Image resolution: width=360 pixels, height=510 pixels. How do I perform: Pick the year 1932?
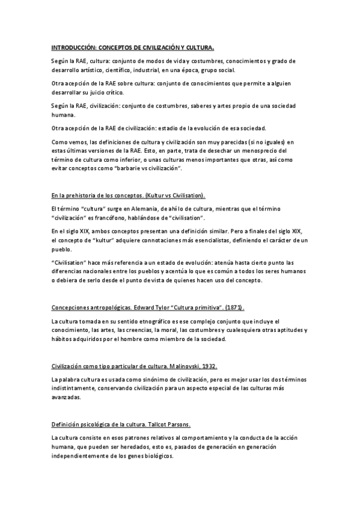[x=207, y=366]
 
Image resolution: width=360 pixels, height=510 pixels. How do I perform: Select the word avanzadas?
[x=67, y=398]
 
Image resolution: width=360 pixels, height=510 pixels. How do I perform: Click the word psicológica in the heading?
[x=96, y=425]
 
